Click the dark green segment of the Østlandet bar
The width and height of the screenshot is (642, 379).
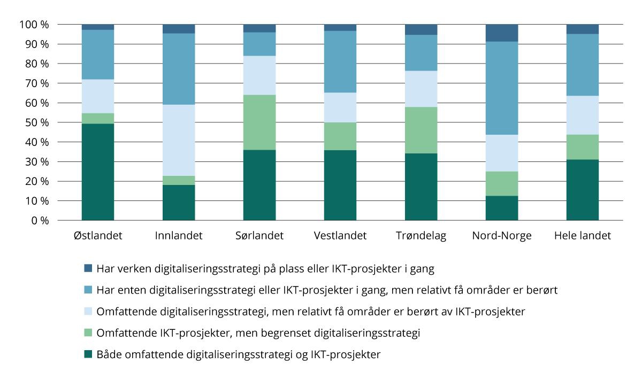coord(98,172)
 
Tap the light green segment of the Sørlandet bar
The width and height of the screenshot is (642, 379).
coord(259,122)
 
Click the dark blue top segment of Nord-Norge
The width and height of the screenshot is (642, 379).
coord(502,33)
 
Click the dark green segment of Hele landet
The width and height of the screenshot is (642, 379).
coord(583,190)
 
